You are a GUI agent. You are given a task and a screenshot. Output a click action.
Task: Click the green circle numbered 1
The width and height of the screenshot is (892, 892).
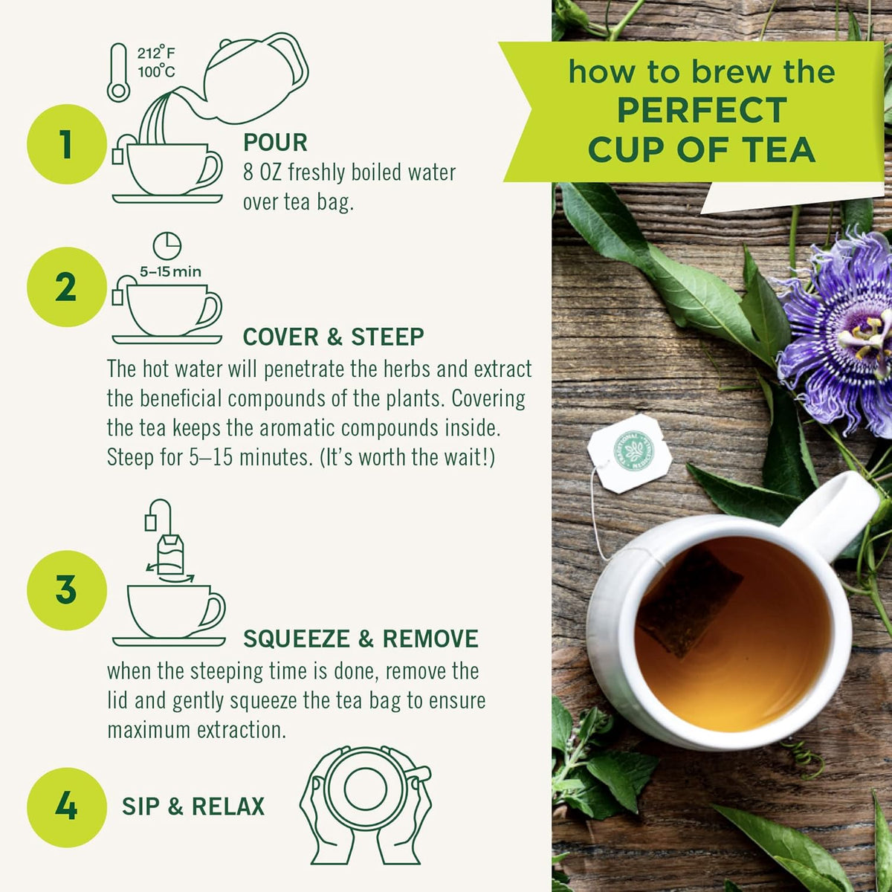click(66, 144)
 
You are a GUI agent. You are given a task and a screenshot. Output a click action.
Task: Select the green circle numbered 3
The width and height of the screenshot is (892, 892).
click(66, 590)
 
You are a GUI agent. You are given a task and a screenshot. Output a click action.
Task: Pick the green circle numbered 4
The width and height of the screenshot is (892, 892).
click(66, 807)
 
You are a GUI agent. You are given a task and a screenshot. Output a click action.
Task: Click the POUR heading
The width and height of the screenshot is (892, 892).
click(275, 143)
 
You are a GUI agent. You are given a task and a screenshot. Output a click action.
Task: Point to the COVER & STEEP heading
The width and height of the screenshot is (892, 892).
click(333, 337)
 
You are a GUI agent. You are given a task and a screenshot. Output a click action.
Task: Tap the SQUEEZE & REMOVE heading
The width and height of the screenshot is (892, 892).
click(361, 639)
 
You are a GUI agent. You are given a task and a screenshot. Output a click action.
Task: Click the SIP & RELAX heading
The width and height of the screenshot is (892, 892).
click(193, 807)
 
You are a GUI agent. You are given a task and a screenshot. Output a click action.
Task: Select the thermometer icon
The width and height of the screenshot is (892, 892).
click(118, 73)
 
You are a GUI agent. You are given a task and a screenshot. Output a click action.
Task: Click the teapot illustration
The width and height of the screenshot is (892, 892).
click(256, 74)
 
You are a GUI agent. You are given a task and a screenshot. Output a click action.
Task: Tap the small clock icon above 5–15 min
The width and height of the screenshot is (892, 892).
click(167, 246)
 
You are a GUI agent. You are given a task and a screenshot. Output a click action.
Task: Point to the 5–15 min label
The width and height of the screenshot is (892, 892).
click(170, 272)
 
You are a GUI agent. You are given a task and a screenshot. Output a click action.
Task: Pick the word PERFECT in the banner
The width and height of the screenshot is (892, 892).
click(702, 111)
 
